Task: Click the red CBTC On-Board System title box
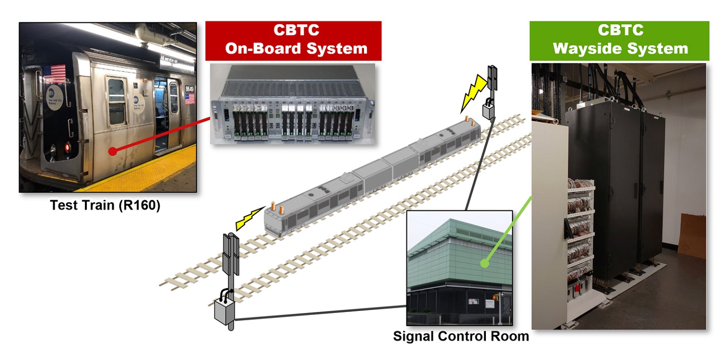pos(293,40)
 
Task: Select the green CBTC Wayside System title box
pos(619,40)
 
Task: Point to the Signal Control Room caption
pos(461,336)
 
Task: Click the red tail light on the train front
pos(67,147)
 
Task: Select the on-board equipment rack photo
pos(292,105)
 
